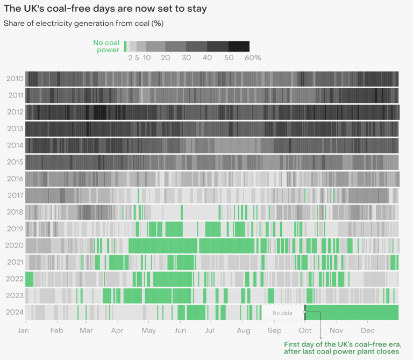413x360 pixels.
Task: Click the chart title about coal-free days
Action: pos(105,9)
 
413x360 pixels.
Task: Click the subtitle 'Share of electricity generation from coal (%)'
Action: pos(83,24)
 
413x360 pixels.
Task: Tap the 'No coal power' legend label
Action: pos(106,46)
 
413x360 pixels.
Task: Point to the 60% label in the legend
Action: pos(253,58)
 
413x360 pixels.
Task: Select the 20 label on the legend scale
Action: pos(166,58)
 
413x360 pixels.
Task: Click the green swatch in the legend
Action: pos(125,46)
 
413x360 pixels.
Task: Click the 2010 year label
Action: pos(15,79)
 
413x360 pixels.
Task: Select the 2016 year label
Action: pos(15,179)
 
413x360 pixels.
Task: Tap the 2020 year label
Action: pos(15,245)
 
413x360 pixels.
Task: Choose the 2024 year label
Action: pos(15,312)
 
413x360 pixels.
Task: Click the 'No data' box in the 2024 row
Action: pos(282,313)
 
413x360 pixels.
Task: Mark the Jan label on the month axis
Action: pos(23,330)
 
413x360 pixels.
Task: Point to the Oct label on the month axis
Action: pos(305,330)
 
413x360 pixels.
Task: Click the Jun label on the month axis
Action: pos(180,330)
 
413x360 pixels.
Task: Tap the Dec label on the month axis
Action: pos(368,330)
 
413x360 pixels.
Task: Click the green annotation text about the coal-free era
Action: pos(342,348)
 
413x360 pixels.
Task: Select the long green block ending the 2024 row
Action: pos(352,313)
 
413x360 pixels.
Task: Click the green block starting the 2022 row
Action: pos(29,279)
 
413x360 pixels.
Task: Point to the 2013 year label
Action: pos(15,129)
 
